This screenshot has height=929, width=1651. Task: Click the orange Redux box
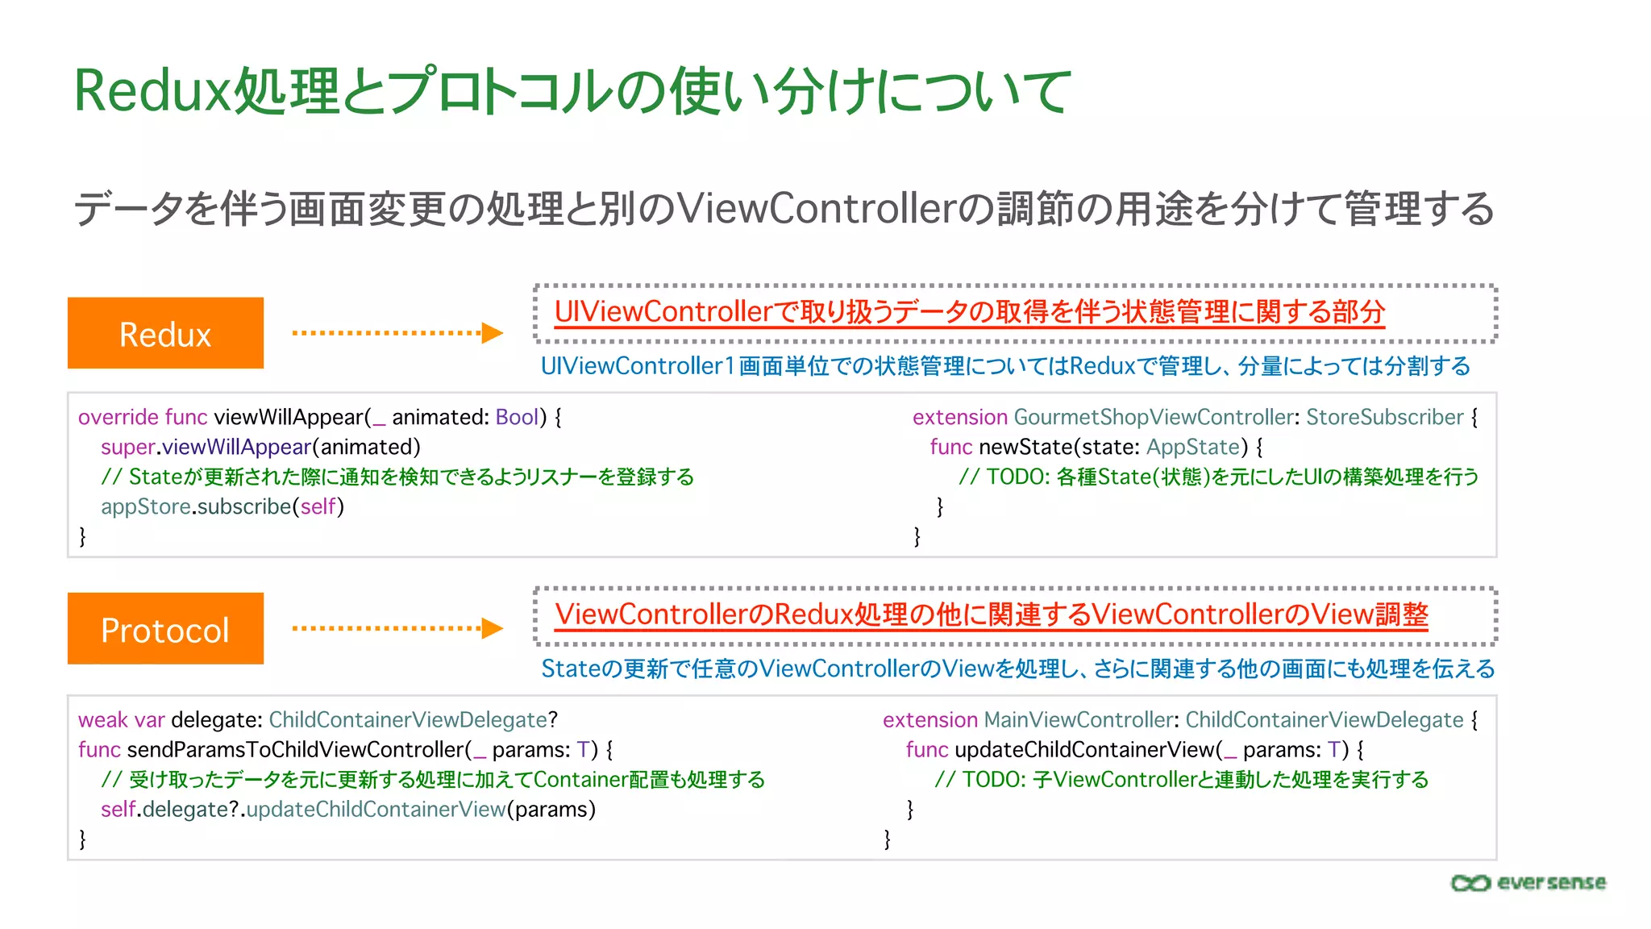165,333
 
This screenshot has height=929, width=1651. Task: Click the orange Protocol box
165,629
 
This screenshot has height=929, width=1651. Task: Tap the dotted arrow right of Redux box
397,332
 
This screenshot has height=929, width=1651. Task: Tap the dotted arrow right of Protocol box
397,628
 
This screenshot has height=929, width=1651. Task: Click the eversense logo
1528,883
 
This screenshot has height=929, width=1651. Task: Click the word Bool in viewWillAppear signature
517,417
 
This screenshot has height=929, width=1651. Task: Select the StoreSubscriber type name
1384,417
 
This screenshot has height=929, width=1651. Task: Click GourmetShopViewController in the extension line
1154,417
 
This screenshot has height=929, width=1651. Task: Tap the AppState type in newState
1193,447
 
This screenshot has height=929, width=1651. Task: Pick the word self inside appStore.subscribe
318,506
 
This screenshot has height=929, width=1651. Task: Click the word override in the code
119,417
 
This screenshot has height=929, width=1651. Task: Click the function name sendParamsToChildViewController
296,749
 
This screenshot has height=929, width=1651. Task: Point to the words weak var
121,719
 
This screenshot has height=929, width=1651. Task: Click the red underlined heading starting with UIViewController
969,312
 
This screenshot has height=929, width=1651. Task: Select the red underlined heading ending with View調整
991,614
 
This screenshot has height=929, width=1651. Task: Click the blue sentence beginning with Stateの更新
1017,669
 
